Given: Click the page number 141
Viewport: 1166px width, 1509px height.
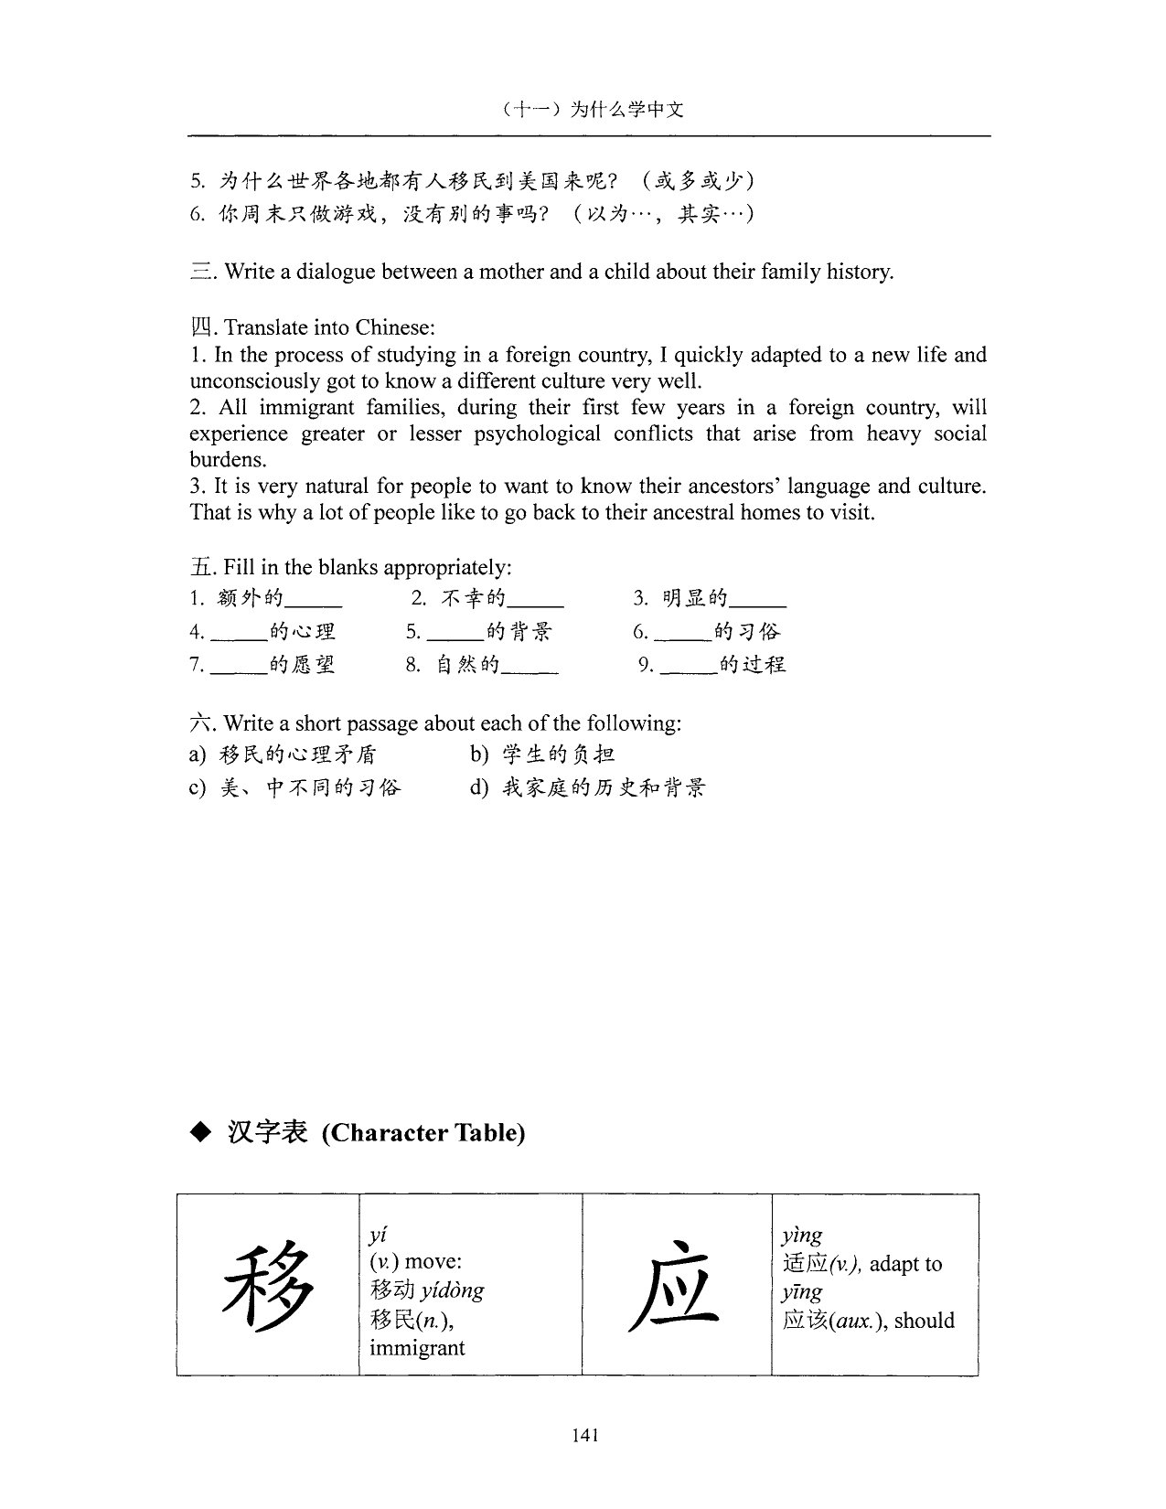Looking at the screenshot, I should (x=584, y=1435).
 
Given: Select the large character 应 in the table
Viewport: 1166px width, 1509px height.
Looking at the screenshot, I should (x=675, y=1286).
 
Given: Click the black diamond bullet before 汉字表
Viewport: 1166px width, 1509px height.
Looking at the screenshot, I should (x=199, y=1133).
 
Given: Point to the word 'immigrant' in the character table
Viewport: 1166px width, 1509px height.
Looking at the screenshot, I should (x=417, y=1348).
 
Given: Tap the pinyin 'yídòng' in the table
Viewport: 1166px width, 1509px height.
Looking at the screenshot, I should (x=453, y=1290).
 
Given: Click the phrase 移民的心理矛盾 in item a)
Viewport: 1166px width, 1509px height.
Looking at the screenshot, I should (x=298, y=754).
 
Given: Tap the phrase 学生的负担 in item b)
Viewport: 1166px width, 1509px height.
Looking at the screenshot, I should (x=558, y=754).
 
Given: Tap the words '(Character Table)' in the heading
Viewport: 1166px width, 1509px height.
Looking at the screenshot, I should (x=423, y=1133).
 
